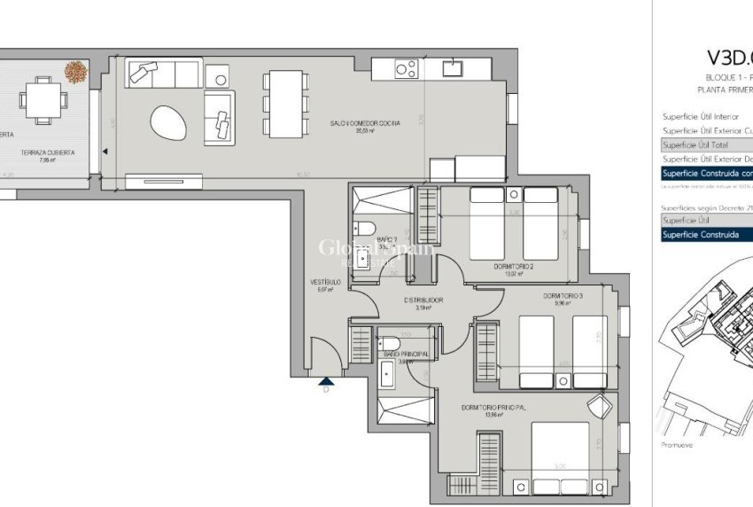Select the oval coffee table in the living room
[168, 121]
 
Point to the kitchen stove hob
[406, 68]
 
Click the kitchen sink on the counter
[454, 67]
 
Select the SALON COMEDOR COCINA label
[365, 123]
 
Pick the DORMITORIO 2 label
[514, 266]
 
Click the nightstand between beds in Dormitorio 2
[514, 195]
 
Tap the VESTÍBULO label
[325, 282]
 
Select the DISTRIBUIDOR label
[423, 300]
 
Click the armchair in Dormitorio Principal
[601, 407]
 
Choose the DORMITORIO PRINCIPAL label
[493, 408]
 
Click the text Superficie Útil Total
[695, 144]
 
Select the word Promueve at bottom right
[678, 445]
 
